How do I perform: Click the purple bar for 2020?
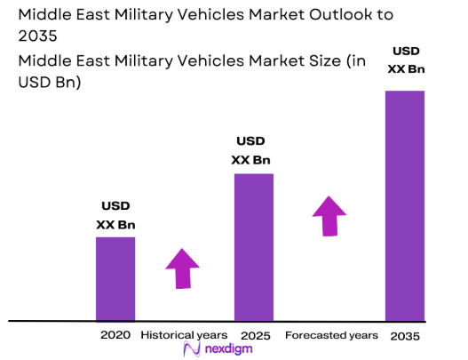click(x=115, y=277)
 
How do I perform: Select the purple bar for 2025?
click(x=253, y=246)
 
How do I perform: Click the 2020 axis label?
click(x=115, y=335)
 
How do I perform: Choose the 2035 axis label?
click(x=404, y=336)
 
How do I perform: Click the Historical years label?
click(x=183, y=335)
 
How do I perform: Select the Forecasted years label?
click(x=331, y=335)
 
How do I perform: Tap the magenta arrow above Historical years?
click(x=183, y=268)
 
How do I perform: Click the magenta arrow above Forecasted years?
click(x=330, y=215)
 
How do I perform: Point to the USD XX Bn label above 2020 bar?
click(x=115, y=216)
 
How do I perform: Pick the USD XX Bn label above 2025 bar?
click(x=250, y=150)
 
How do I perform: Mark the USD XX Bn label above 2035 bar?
click(x=404, y=60)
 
